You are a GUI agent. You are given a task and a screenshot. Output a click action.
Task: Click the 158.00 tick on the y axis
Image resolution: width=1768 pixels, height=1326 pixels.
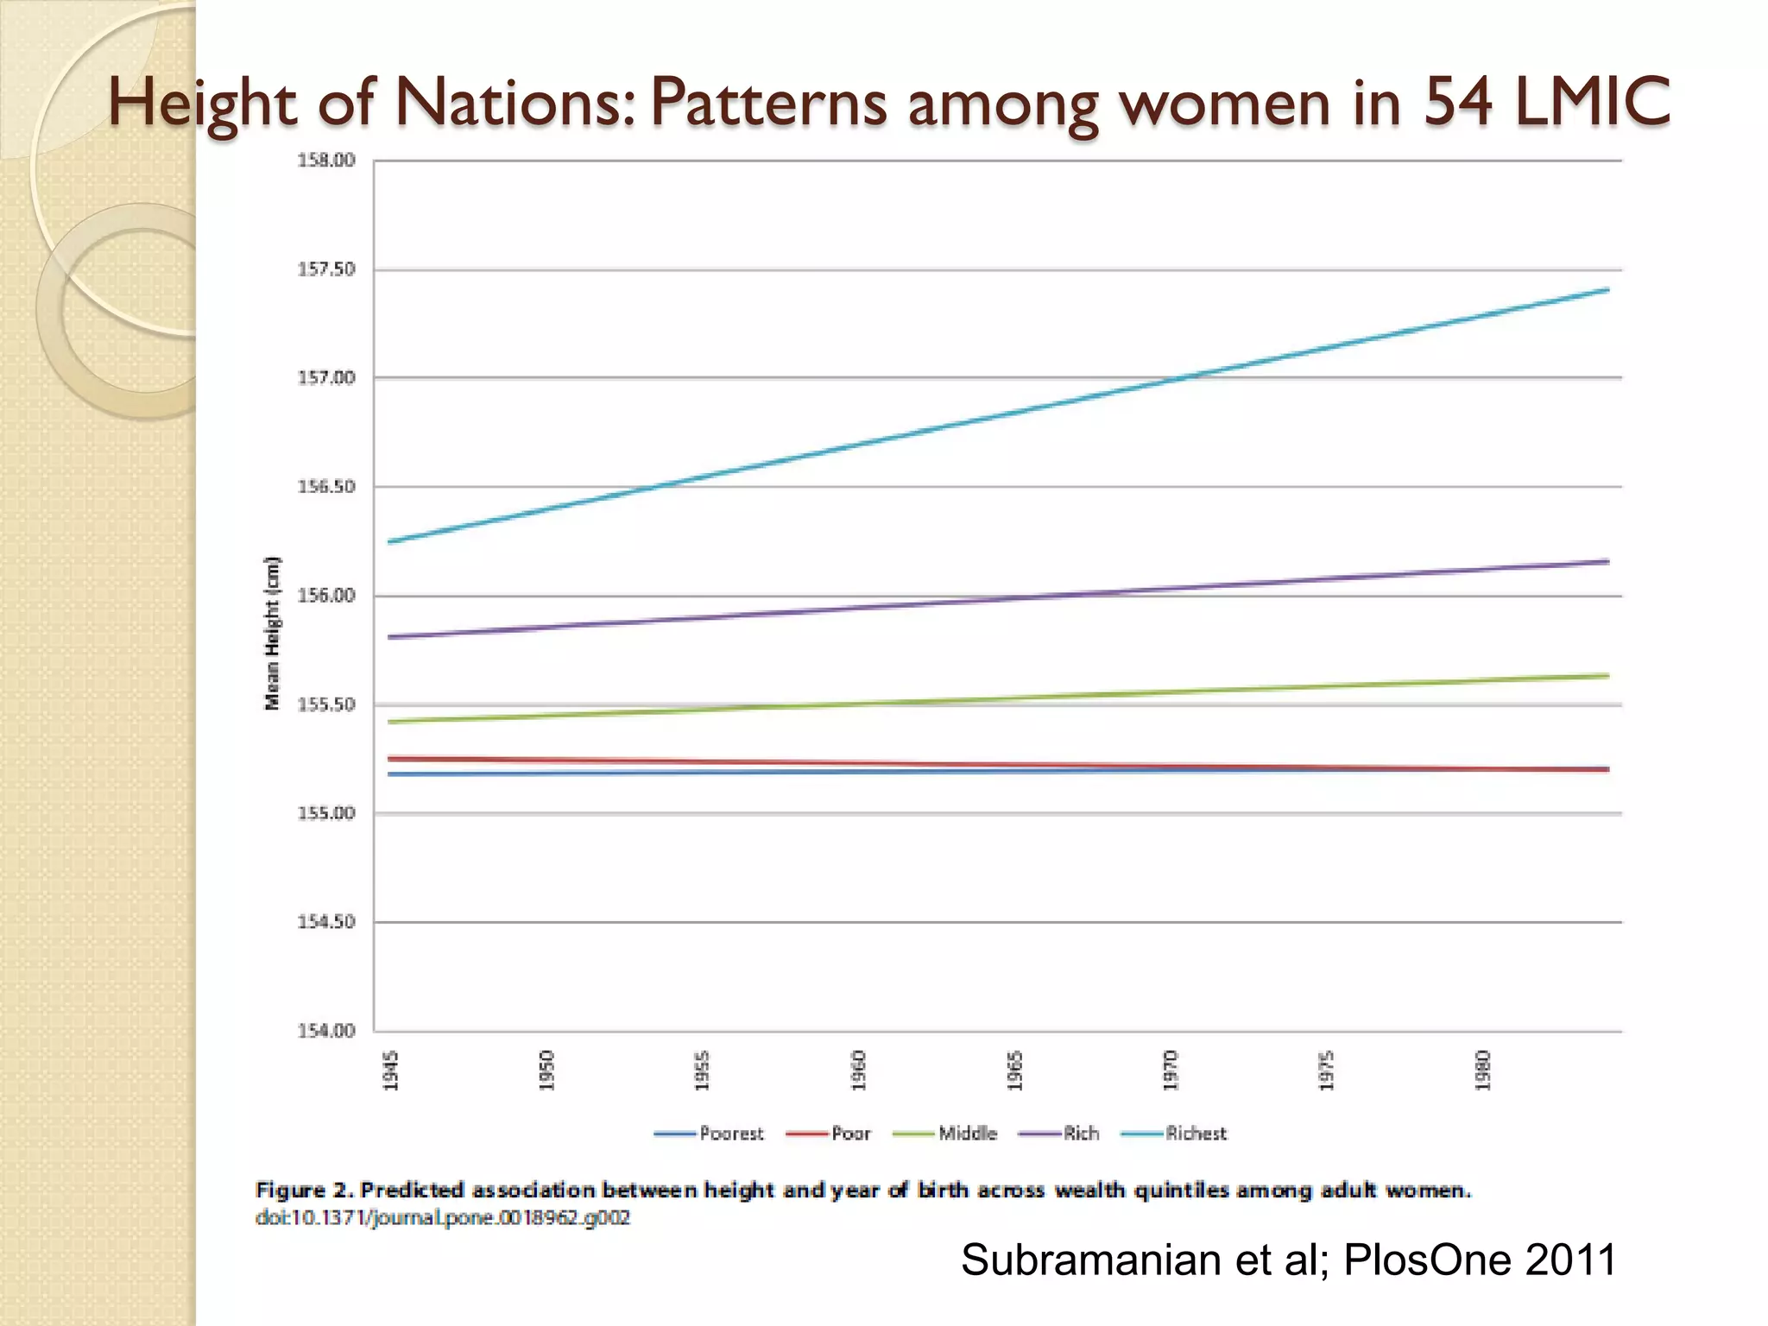coord(326,161)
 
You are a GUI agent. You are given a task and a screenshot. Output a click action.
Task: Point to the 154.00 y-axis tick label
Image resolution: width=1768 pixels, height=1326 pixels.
coord(326,1031)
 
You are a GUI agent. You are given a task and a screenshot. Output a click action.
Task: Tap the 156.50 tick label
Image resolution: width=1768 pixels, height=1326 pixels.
coord(326,487)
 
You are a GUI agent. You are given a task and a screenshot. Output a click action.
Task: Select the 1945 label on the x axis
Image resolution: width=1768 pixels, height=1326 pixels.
coord(391,1070)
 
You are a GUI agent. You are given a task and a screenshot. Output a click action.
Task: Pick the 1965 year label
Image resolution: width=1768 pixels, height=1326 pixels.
coord(1015,1070)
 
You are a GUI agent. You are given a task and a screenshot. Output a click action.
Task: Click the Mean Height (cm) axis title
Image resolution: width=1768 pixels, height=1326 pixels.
coord(273,633)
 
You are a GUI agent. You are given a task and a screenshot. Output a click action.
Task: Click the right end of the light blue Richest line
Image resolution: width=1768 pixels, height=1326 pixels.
coord(1607,290)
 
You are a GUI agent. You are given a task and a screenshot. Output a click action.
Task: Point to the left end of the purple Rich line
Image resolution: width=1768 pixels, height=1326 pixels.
coord(390,637)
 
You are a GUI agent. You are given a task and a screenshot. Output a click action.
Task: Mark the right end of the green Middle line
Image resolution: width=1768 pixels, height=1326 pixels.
coord(1607,676)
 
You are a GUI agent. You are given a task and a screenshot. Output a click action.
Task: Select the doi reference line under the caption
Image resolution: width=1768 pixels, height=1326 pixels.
coord(442,1218)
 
